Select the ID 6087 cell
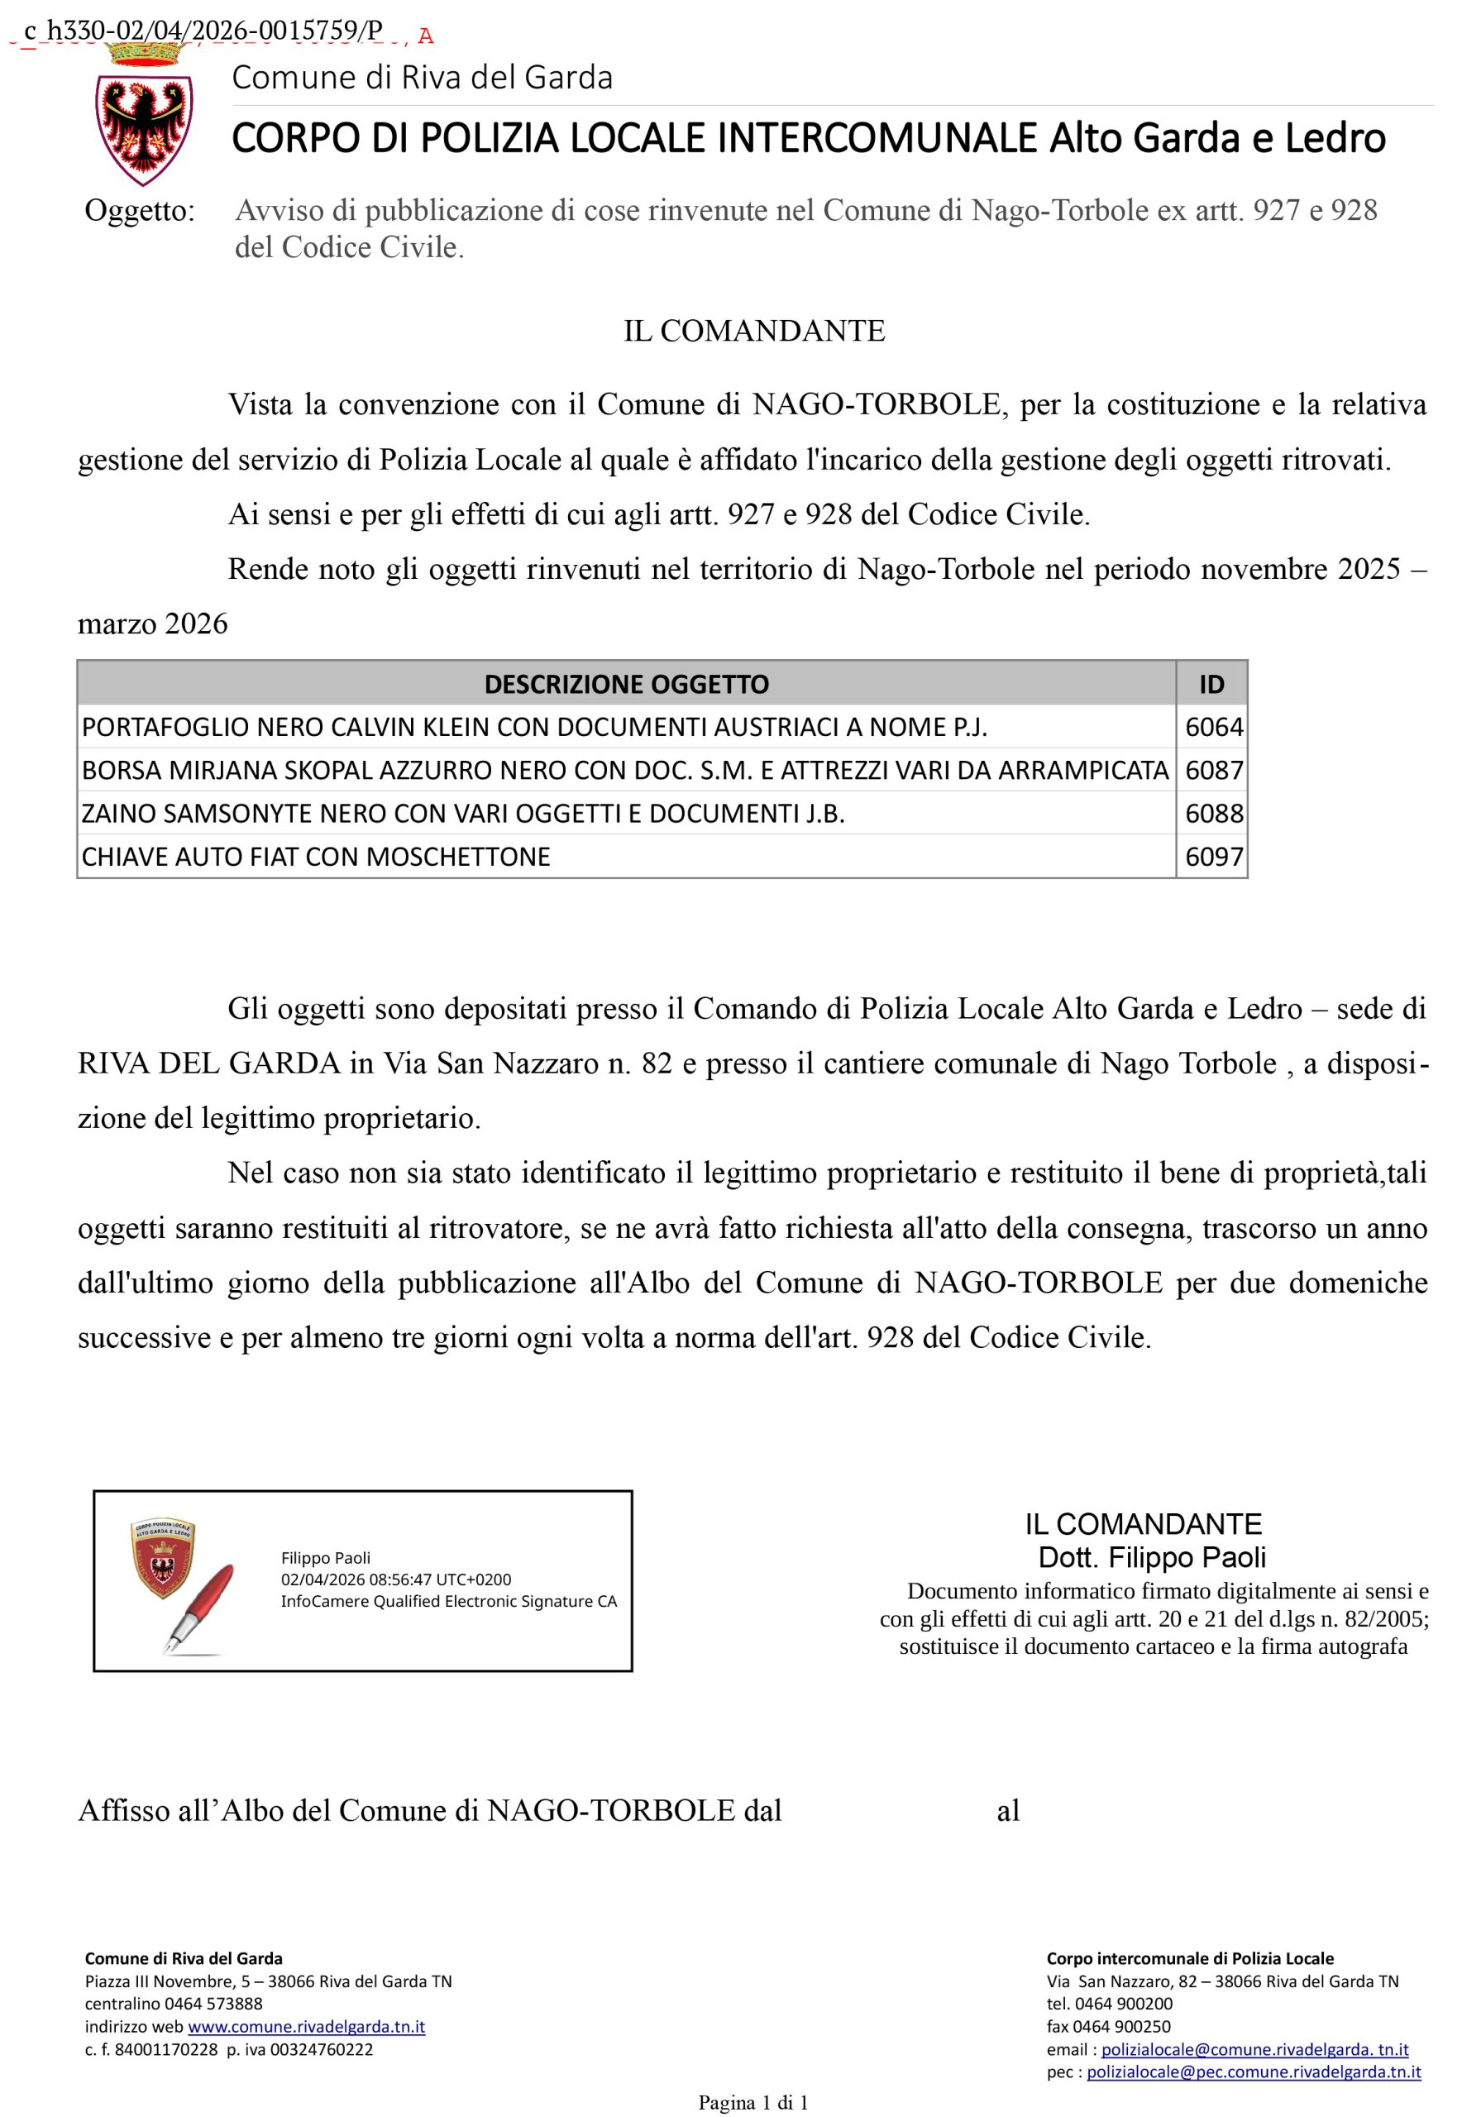pos(1213,770)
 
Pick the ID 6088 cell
pos(1213,814)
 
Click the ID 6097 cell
pos(1213,857)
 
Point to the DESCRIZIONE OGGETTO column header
pos(627,683)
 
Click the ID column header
pos(1211,683)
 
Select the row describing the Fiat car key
pos(316,857)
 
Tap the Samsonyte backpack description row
pos(462,814)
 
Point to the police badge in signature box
pos(163,1559)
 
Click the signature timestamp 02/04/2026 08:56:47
pos(396,1579)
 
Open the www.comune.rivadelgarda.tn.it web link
pos(306,2026)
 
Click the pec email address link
pos(1253,2071)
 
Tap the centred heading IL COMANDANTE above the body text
pos(754,331)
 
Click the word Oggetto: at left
pos(139,211)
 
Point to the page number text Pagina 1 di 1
pos(753,2102)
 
